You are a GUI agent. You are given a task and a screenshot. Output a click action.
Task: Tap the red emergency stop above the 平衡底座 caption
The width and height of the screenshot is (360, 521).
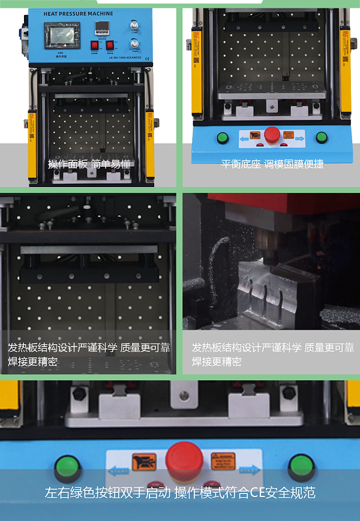click(272, 134)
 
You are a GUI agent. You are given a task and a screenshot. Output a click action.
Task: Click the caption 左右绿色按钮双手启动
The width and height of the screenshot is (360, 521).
click(109, 493)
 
